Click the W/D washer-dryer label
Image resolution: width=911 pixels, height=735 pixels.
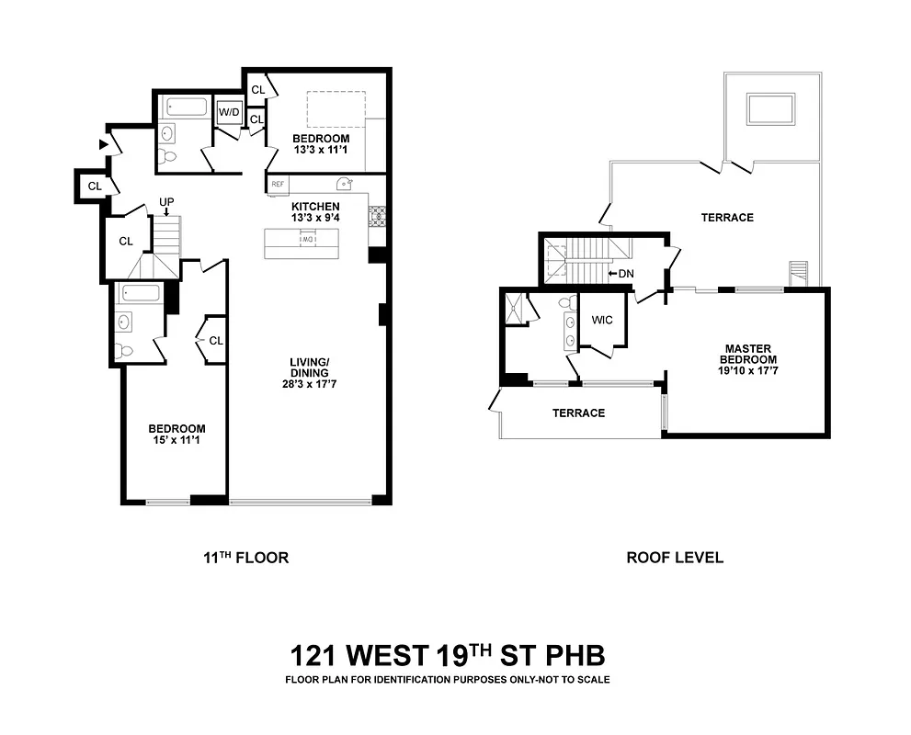[x=228, y=113]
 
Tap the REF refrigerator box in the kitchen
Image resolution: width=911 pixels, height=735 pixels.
[x=277, y=184]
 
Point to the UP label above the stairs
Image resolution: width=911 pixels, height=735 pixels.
[x=166, y=201]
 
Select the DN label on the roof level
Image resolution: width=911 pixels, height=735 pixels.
[x=625, y=274]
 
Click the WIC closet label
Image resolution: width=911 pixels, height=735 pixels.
[x=602, y=320]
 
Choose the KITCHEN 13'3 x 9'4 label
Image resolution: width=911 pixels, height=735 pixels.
[x=315, y=212]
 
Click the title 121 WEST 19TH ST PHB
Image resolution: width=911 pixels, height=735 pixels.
[x=447, y=656]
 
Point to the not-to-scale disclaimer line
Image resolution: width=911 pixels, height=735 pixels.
[x=447, y=681]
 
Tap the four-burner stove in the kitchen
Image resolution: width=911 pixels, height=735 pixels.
[x=376, y=216]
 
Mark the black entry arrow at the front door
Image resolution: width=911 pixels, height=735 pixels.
[x=103, y=144]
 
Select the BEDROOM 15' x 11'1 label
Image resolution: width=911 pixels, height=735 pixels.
[x=177, y=435]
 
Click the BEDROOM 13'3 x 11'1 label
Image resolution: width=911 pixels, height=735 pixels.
[x=321, y=144]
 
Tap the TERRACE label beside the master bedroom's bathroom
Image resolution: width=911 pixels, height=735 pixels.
[x=578, y=413]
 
